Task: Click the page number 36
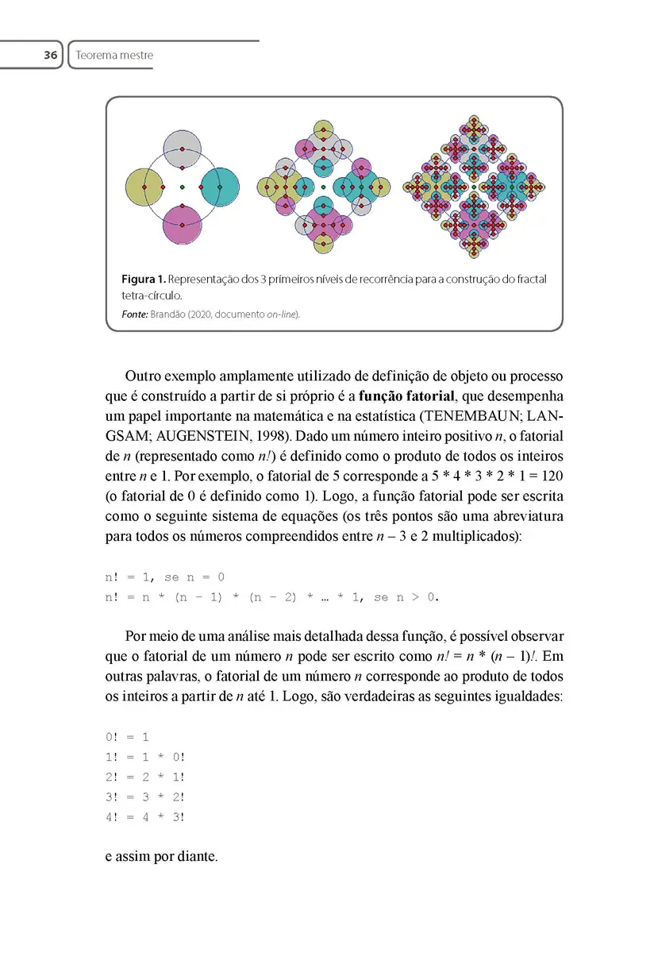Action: point(50,56)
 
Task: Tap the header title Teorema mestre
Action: point(114,56)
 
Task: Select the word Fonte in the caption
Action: point(133,314)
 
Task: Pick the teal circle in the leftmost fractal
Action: point(220,188)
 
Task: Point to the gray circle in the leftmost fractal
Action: point(183,150)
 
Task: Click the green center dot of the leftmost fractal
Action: point(183,187)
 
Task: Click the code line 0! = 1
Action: point(127,737)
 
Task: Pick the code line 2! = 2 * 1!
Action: point(144,777)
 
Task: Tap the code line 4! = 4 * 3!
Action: point(144,816)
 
